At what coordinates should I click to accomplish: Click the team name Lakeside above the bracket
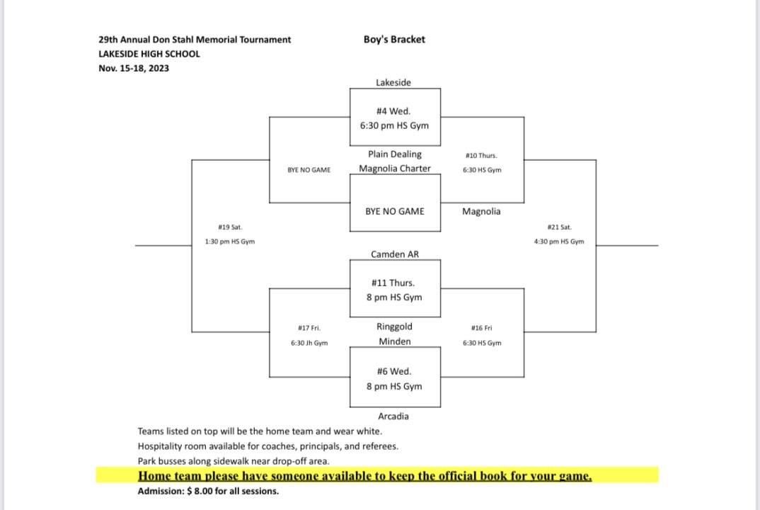pyautogui.click(x=393, y=82)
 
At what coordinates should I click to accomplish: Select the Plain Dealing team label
pyautogui.click(x=395, y=154)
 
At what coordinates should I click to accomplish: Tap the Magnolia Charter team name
pyautogui.click(x=395, y=169)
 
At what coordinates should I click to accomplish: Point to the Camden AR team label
pyautogui.click(x=395, y=254)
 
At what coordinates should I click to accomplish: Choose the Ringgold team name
pyautogui.click(x=394, y=327)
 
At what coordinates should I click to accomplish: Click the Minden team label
pyautogui.click(x=395, y=341)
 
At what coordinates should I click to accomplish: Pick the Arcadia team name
pyautogui.click(x=393, y=416)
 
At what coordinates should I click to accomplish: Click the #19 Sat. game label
pyautogui.click(x=230, y=227)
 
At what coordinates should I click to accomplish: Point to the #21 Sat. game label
pyautogui.click(x=559, y=227)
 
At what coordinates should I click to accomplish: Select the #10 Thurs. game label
pyautogui.click(x=481, y=156)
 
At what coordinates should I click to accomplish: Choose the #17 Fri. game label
pyautogui.click(x=309, y=328)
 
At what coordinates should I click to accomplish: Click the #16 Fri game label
pyautogui.click(x=482, y=328)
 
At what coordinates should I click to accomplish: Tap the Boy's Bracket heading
pyautogui.click(x=394, y=39)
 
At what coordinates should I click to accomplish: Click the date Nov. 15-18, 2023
pyautogui.click(x=134, y=69)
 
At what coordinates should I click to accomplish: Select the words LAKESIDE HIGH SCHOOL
pyautogui.click(x=149, y=54)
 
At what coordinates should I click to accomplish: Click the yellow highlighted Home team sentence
pyautogui.click(x=364, y=475)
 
